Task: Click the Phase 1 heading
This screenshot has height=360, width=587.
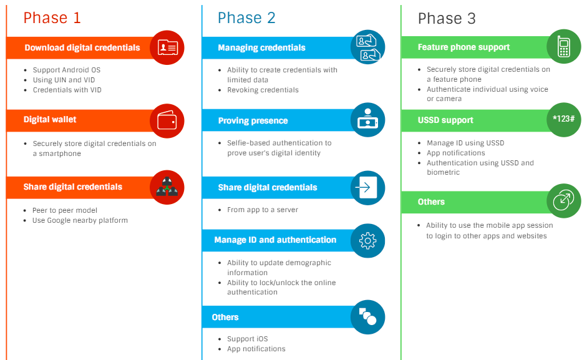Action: [x=52, y=17]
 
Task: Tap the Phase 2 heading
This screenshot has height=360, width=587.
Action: [x=246, y=17]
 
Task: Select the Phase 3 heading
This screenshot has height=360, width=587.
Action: [x=447, y=18]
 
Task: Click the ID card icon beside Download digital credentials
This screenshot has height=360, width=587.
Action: [x=167, y=47]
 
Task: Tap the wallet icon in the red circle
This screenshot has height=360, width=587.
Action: [x=167, y=120]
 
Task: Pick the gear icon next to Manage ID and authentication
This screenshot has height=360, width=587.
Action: [x=367, y=240]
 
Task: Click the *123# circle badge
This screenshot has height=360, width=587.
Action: [x=564, y=120]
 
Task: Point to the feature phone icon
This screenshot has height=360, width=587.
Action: [x=564, y=46]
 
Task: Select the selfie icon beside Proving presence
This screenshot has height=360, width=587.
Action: [x=367, y=119]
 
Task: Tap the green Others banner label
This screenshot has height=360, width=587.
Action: [x=431, y=202]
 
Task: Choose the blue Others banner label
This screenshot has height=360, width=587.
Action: [x=225, y=317]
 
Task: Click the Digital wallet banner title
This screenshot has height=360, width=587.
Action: [x=50, y=120]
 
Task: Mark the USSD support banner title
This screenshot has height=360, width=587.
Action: [x=445, y=120]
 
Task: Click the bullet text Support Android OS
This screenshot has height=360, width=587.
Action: [x=67, y=70]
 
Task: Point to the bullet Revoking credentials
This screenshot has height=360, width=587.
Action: [x=263, y=89]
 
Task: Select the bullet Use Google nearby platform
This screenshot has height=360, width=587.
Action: [x=80, y=220]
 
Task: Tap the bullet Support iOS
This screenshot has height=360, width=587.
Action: [x=248, y=339]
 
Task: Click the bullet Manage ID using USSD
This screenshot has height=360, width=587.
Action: [x=465, y=143]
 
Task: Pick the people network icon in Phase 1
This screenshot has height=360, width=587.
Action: [x=167, y=187]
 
